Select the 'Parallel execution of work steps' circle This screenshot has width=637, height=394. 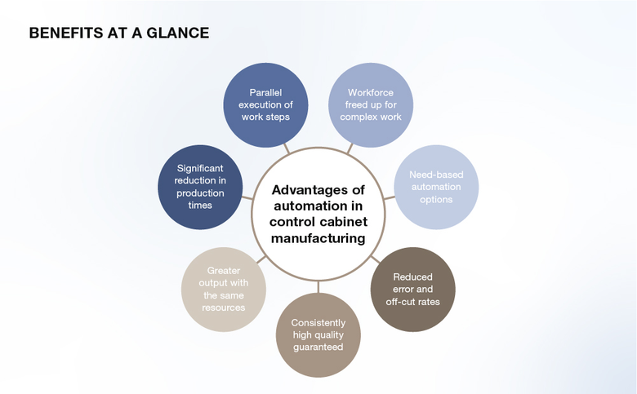point(265,105)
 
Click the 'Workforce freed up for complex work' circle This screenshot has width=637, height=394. point(370,105)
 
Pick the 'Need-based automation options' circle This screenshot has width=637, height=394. point(434,187)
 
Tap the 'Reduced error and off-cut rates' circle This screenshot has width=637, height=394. point(412,290)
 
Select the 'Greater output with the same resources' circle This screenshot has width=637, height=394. point(224,290)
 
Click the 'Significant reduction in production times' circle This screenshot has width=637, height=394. point(199,187)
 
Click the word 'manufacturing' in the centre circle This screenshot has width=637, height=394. point(317,238)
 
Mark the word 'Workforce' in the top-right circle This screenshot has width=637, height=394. point(370,93)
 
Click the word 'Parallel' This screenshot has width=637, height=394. point(265,93)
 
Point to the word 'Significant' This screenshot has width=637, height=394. point(199,168)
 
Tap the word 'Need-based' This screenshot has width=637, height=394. point(434,175)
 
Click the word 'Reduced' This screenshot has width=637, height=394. point(412,277)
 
